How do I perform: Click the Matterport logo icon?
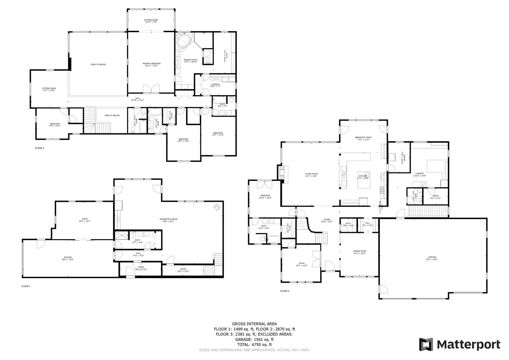[426, 344]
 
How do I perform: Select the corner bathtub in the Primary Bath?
[183, 41]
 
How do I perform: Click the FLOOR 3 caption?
[39, 148]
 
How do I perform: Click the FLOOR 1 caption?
[26, 286]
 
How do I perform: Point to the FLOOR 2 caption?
[285, 291]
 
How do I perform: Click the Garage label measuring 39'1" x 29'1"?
[432, 258]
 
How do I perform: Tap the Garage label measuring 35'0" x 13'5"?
[67, 258]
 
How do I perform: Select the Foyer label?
[327, 221]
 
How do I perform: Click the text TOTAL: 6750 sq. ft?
[254, 344]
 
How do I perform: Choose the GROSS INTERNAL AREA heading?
[254, 324]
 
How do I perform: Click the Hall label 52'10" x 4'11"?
[138, 99]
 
